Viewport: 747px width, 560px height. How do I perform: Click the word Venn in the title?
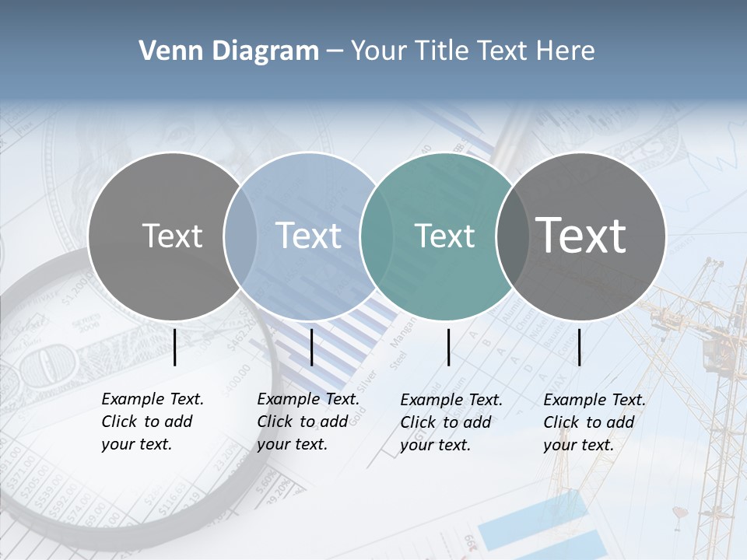click(163, 51)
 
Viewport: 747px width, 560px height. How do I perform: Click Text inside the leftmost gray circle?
click(172, 236)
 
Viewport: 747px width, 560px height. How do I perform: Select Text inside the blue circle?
click(309, 236)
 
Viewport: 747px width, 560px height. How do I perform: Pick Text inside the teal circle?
click(444, 236)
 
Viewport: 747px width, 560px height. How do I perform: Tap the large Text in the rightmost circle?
click(581, 236)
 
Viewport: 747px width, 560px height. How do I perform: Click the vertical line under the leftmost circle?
click(175, 347)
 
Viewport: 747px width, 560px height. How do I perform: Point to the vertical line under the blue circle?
click(311, 347)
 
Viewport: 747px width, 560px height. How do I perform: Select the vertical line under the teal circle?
click(449, 347)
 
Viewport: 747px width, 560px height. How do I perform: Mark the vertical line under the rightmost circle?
click(580, 347)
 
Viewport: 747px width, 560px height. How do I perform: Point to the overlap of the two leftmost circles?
click(240, 236)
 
